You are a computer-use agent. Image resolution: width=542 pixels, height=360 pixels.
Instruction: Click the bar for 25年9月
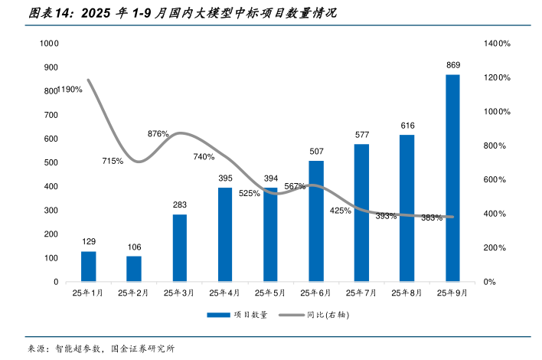pyautogui.click(x=452, y=178)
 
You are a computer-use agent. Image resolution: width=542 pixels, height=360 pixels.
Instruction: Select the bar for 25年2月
pyautogui.click(x=134, y=269)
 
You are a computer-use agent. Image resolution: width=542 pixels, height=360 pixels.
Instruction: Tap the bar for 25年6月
pyautogui.click(x=316, y=221)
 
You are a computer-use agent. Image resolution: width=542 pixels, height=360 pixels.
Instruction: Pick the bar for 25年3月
pyautogui.click(x=179, y=248)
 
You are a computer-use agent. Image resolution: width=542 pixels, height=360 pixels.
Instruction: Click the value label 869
pyautogui.click(x=453, y=65)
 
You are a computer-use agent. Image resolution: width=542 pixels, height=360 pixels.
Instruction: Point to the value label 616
pyautogui.click(x=407, y=126)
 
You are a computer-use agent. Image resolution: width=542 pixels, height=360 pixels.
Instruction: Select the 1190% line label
pyautogui.click(x=69, y=90)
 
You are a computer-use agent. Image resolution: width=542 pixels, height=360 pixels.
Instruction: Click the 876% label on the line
pyautogui.click(x=158, y=133)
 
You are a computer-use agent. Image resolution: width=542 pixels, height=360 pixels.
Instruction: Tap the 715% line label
pyautogui.click(x=113, y=161)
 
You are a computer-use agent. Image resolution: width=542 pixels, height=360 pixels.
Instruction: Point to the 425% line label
pyautogui.click(x=340, y=210)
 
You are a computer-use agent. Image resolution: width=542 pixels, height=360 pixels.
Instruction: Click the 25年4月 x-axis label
pyautogui.click(x=225, y=293)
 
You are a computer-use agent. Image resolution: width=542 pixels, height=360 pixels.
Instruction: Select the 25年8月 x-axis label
pyautogui.click(x=407, y=293)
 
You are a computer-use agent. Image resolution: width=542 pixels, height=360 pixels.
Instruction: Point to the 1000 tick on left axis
pyautogui.click(x=49, y=44)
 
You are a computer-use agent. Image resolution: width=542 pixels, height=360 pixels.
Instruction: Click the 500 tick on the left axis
pyautogui.click(x=51, y=163)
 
